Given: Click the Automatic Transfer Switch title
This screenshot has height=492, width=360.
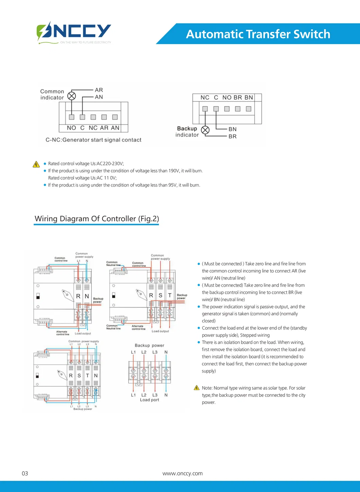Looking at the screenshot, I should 258,34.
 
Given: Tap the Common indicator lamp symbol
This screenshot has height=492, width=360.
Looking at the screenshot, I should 72,96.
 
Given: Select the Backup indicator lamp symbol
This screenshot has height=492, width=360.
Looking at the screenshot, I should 205,130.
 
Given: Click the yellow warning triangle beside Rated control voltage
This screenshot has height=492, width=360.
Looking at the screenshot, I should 36,164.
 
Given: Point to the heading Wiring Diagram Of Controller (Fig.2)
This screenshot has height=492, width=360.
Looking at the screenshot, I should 97,219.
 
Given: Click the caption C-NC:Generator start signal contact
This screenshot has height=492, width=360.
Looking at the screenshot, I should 93,140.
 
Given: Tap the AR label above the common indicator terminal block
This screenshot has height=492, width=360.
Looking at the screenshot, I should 99,90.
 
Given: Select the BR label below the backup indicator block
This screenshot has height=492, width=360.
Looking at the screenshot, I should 233,136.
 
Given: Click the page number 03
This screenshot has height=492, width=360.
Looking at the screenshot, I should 25,473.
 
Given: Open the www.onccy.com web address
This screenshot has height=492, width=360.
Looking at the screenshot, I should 182,473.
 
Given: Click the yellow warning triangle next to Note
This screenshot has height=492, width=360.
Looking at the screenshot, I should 197,388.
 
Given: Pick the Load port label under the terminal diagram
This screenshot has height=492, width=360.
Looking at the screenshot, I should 149,400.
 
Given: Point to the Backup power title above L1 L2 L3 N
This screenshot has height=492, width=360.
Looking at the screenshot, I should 149,345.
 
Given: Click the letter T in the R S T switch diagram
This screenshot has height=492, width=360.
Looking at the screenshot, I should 170,295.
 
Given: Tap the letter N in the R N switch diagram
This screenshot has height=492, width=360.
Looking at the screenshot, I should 87,296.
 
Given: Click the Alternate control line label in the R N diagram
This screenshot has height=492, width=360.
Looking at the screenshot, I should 62,333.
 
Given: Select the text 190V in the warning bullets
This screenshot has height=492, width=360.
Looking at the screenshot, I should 174,171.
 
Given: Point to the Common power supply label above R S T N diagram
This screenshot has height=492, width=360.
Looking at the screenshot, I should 84,341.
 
